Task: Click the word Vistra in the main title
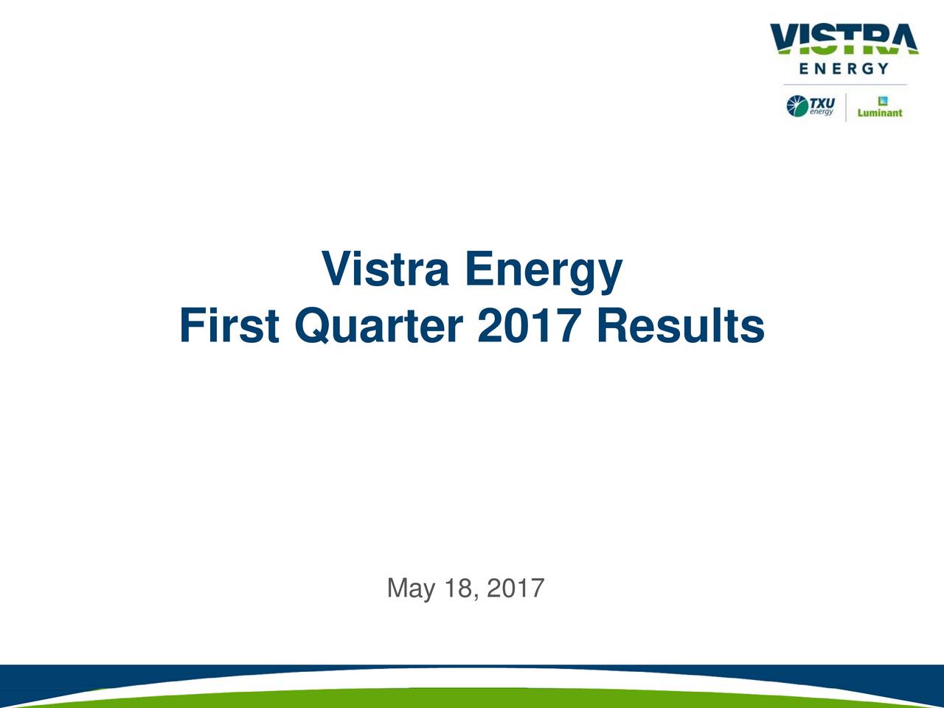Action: pyautogui.click(x=385, y=270)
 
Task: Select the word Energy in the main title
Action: pyautogui.click(x=544, y=271)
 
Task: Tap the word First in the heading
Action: pyautogui.click(x=229, y=326)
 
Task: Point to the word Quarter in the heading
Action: pyautogui.click(x=379, y=327)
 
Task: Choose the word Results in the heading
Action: pyautogui.click(x=680, y=326)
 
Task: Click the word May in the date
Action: pyautogui.click(x=411, y=589)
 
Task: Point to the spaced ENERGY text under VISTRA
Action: pyautogui.click(x=844, y=69)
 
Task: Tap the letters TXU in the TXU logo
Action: pyautogui.click(x=822, y=103)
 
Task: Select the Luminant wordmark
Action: pyautogui.click(x=879, y=113)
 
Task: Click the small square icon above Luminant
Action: pyautogui.click(x=881, y=101)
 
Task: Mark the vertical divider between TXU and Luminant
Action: pyautogui.click(x=845, y=107)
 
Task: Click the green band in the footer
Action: pyautogui.click(x=472, y=698)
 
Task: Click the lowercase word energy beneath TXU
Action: pyautogui.click(x=822, y=111)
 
